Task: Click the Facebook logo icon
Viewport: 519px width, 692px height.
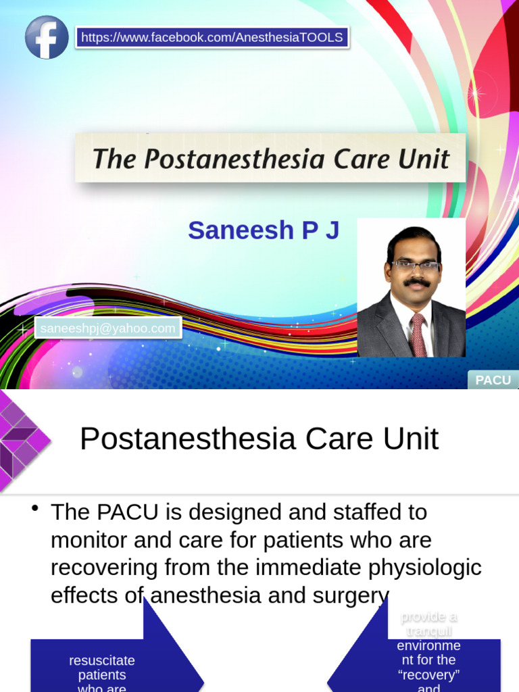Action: click(47, 37)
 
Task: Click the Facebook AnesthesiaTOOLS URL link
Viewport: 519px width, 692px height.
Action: click(212, 37)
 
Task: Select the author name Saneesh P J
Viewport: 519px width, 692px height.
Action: click(264, 230)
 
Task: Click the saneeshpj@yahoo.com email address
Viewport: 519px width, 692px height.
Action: click(108, 328)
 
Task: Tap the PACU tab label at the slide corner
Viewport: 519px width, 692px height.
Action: click(493, 380)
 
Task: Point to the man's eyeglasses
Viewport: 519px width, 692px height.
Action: click(414, 266)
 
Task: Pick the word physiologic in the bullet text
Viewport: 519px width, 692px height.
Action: click(427, 568)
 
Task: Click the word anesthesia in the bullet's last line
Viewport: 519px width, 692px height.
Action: click(200, 595)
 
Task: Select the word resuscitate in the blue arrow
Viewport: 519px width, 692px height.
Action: click(102, 660)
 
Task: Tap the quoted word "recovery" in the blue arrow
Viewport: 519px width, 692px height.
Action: click(428, 674)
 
